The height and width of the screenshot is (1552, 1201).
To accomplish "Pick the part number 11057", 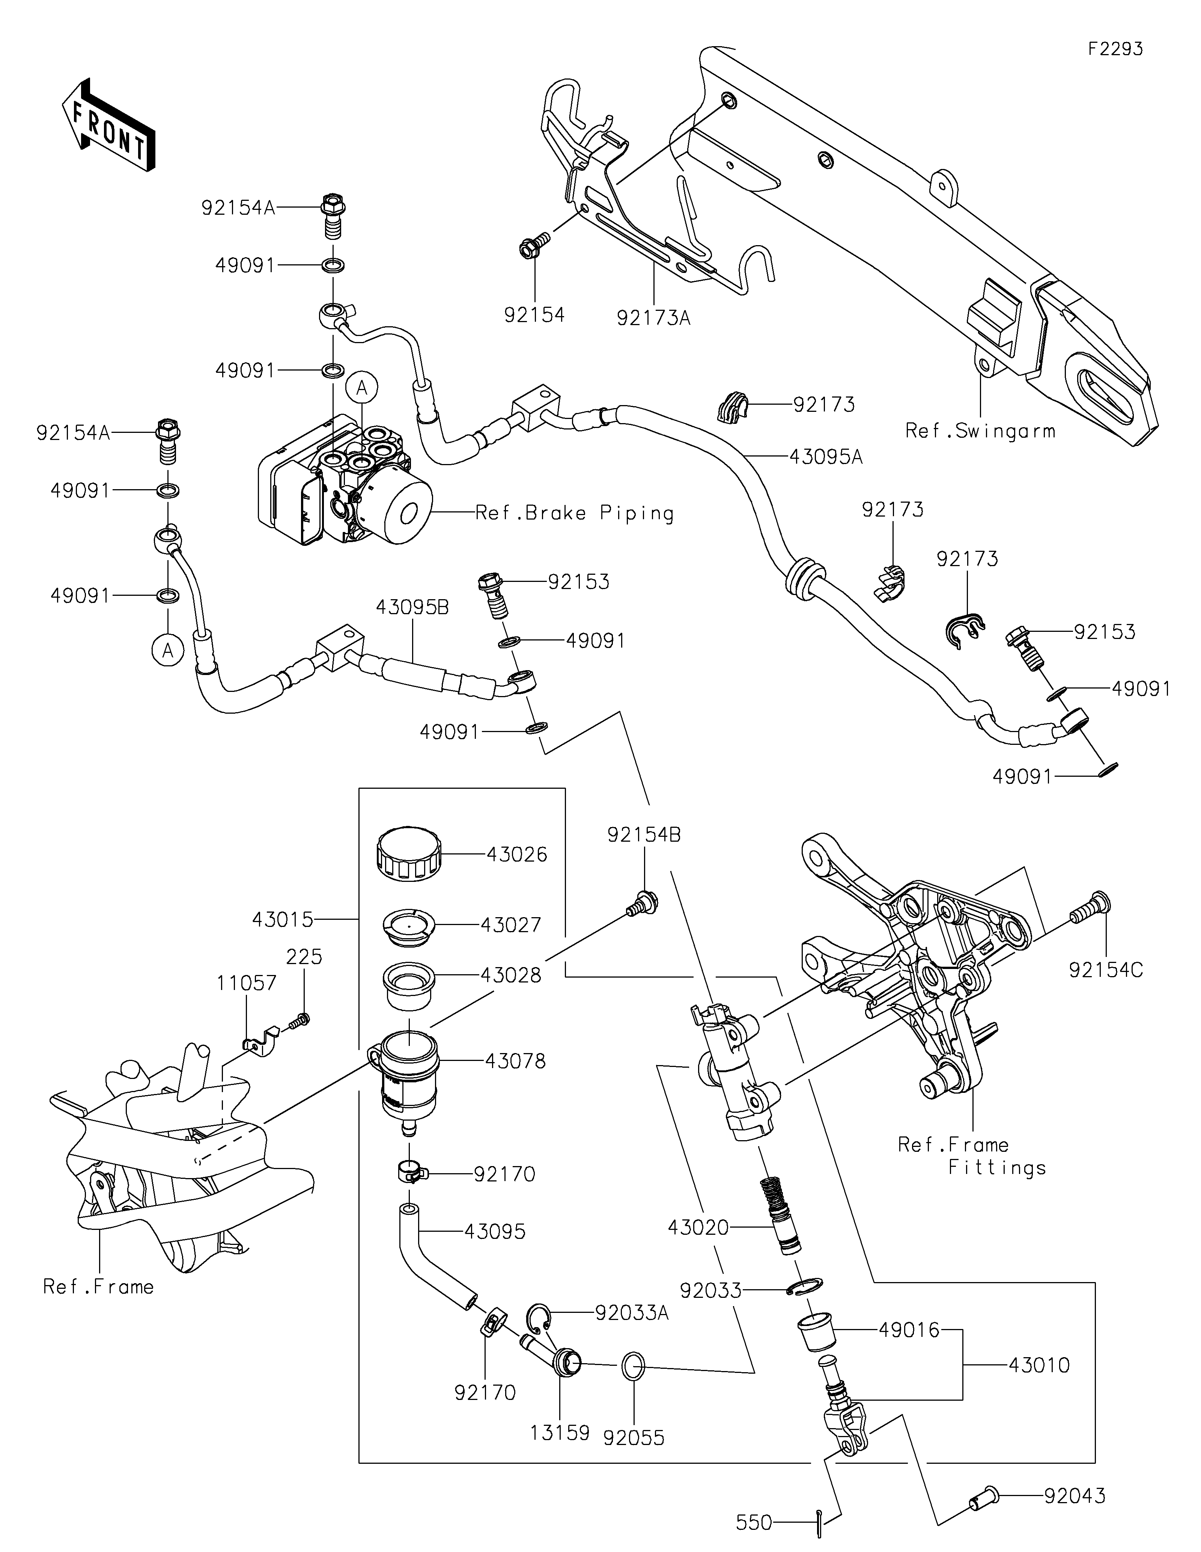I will (x=247, y=984).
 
